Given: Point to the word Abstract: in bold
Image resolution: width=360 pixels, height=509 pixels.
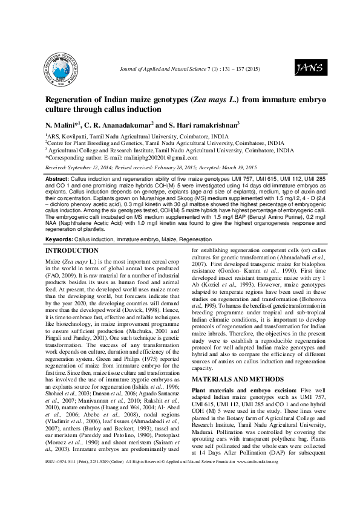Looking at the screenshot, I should click(58, 180).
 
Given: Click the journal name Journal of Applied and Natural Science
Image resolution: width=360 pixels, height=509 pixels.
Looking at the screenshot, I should click(164, 71).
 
